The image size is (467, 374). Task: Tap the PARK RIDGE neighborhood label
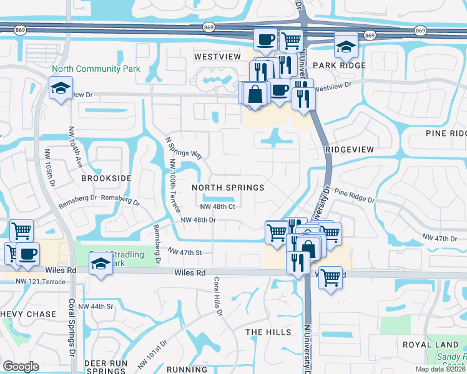(339, 65)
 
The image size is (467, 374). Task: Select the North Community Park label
(96, 69)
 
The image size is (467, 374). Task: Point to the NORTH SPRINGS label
(228, 187)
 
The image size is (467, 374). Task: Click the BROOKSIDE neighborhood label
(106, 178)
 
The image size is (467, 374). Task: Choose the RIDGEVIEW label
(349, 150)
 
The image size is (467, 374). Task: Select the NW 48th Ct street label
(217, 206)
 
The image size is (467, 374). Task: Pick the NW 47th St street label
(185, 251)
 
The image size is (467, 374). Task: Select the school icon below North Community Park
(61, 88)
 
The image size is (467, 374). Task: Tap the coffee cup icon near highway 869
(265, 39)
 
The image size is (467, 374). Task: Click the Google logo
(21, 366)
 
